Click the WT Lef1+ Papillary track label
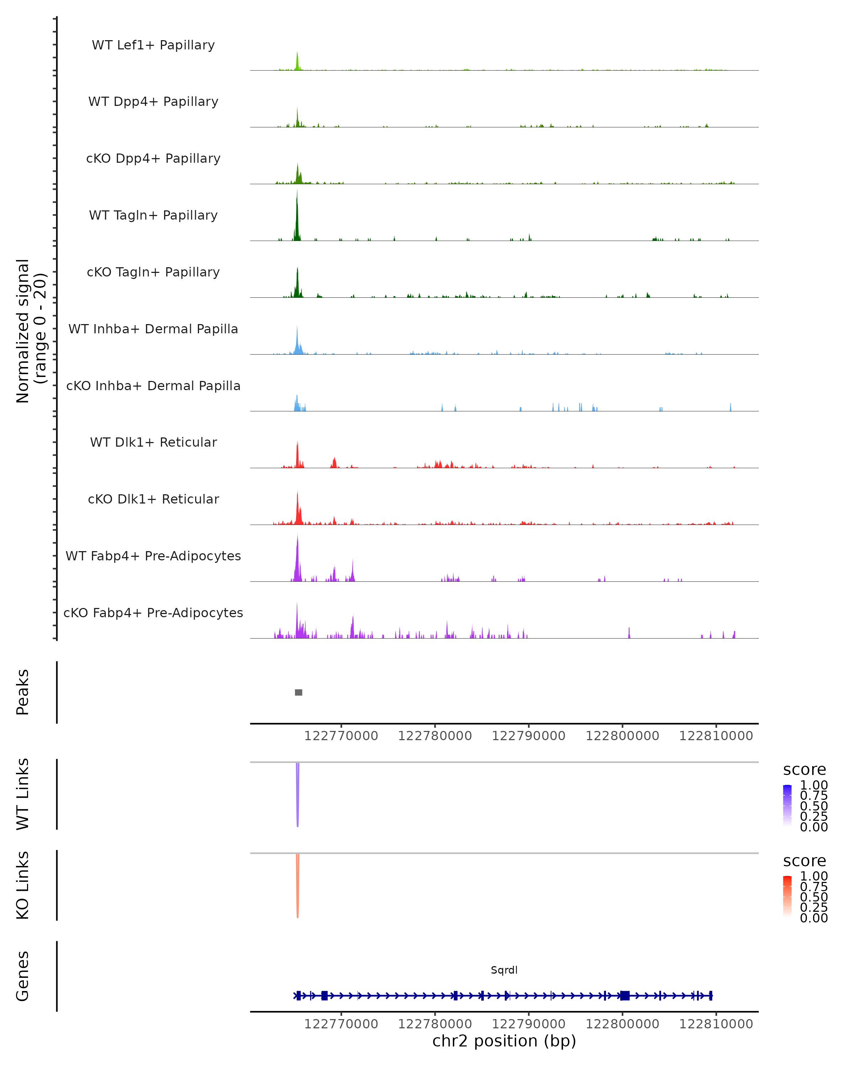[x=153, y=45]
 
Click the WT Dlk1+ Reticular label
[x=153, y=442]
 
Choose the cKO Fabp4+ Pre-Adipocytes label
[x=153, y=613]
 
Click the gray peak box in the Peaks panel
[x=299, y=692]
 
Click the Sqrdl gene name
[x=504, y=970]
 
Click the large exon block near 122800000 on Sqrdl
[x=625, y=995]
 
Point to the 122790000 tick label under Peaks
[x=529, y=736]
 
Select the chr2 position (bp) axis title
[x=504, y=1041]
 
